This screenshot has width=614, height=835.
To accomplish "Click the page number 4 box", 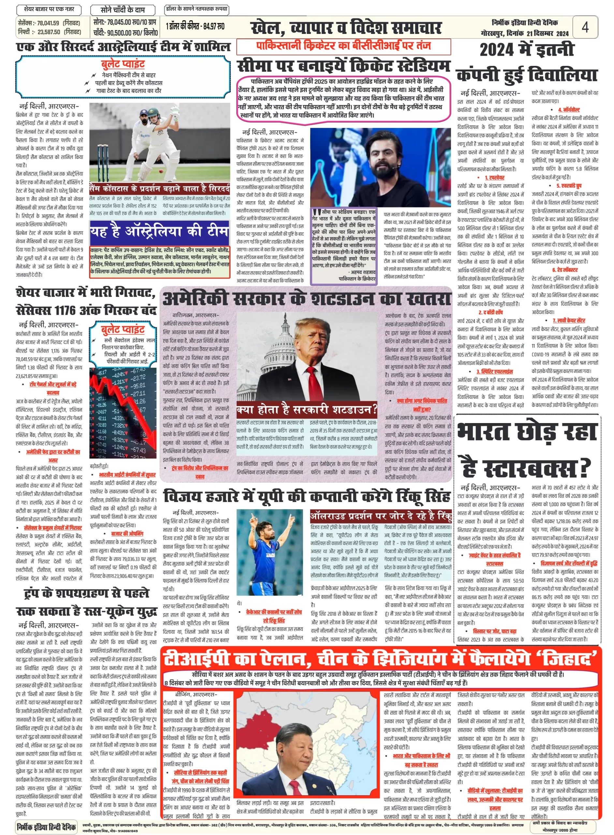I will pos(585,27).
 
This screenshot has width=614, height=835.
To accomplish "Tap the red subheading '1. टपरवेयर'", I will pos(495,178).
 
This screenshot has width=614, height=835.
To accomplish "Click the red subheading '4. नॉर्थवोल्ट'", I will pos(569,110).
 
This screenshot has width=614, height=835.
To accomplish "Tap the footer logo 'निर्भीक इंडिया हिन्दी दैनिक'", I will pos(47,827).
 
